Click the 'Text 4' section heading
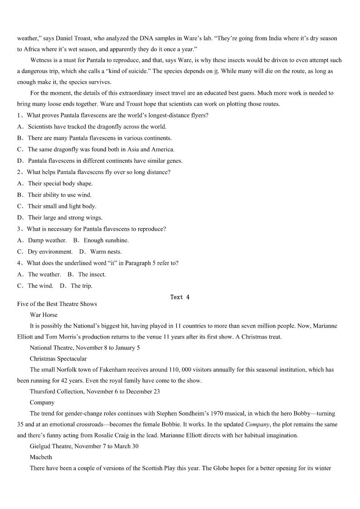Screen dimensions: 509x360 click(180, 297)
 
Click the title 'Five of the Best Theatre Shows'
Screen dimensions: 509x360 click(57, 304)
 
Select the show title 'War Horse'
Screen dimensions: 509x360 click(44, 315)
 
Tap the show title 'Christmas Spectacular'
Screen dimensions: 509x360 click(58, 359)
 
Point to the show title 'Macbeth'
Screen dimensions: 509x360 click(41, 457)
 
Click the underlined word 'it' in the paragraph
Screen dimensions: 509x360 click(216, 72)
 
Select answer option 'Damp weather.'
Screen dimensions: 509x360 click(47, 241)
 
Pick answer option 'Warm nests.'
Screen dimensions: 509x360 click(106, 252)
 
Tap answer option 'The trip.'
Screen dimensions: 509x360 click(81, 286)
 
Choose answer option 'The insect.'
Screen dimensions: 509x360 click(92, 275)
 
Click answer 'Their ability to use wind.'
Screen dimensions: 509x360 click(59, 195)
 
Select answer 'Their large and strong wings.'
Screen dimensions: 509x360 click(65, 218)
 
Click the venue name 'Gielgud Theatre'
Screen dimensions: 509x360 click(51, 446)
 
